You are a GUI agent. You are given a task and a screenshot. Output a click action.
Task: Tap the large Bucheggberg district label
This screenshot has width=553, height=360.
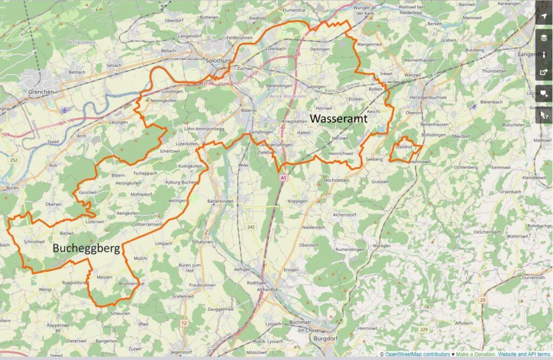86,248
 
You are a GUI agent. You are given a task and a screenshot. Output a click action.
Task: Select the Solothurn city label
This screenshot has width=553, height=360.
219,61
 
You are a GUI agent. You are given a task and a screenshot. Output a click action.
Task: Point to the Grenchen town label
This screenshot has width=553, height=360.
41,92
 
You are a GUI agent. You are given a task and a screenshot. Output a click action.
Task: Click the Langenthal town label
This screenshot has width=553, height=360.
532,55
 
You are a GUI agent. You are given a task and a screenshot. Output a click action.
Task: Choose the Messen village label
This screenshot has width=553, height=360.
104,277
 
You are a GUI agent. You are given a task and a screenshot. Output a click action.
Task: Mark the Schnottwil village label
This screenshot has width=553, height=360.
34,241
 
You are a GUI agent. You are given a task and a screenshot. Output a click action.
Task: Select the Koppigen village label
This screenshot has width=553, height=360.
298,201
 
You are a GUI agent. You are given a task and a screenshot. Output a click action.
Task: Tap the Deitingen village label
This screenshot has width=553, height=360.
320,49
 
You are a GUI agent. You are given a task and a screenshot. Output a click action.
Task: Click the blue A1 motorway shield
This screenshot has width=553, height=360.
282,177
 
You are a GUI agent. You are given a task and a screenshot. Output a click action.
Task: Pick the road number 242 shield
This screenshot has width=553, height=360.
251,227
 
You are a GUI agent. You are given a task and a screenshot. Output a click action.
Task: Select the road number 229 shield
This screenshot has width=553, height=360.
424,329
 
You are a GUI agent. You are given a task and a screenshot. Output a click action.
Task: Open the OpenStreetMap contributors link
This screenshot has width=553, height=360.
417,355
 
